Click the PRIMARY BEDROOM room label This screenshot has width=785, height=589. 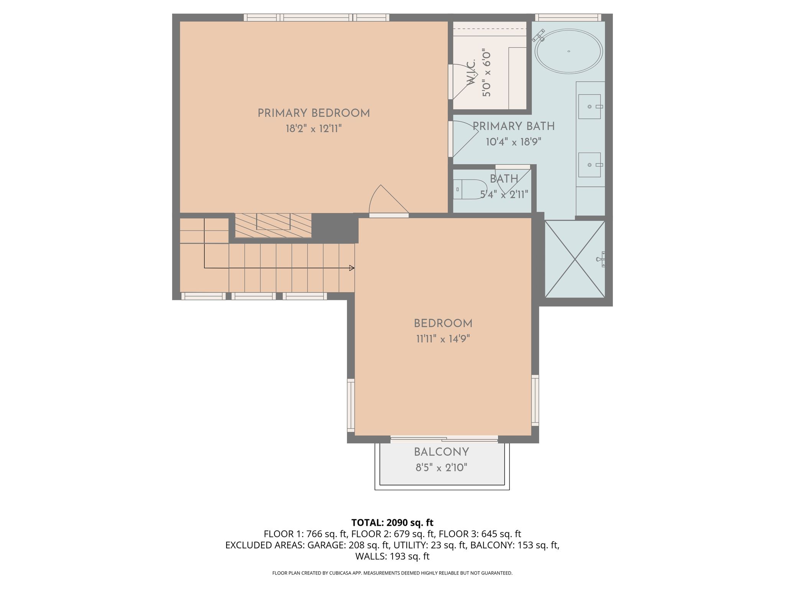[x=314, y=114]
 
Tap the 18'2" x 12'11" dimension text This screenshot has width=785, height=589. [x=314, y=129]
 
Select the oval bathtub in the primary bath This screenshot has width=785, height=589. [x=568, y=51]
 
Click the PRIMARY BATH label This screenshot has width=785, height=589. [x=514, y=126]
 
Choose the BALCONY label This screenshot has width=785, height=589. [x=442, y=452]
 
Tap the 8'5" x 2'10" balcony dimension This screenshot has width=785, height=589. [x=442, y=468]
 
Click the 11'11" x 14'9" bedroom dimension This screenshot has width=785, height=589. [x=443, y=339]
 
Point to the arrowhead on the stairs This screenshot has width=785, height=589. [x=352, y=268]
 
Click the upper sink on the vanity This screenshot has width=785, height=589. [x=590, y=107]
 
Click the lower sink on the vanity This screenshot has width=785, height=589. [x=590, y=165]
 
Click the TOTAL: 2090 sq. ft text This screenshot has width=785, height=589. [x=392, y=523]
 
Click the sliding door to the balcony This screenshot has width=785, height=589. [x=444, y=439]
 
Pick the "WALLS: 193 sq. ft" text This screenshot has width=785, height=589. [x=392, y=556]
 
